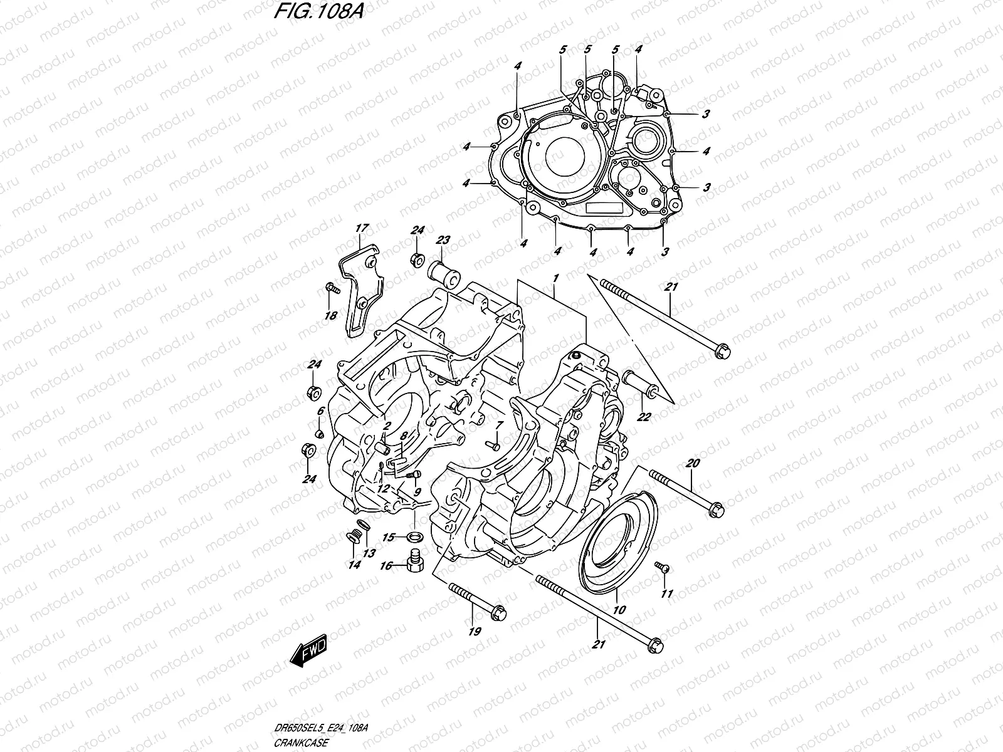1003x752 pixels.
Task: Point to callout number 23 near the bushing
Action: tap(443, 239)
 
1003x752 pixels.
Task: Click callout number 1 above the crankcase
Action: tap(555, 276)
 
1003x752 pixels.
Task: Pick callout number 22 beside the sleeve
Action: tap(644, 417)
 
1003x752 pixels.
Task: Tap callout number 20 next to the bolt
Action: tap(692, 464)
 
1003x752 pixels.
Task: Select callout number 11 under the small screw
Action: tap(666, 593)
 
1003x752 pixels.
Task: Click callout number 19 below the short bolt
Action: tap(475, 632)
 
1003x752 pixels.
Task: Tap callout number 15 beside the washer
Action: tap(389, 537)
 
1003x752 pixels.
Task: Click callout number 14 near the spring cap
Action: tap(354, 565)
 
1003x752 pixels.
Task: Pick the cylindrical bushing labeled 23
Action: tap(440, 273)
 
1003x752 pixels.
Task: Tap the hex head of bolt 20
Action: tap(715, 511)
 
